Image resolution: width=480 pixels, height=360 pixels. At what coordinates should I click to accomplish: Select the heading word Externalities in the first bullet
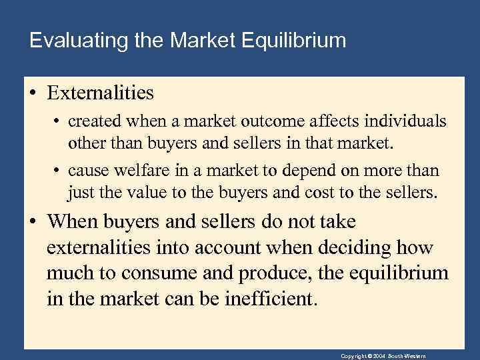click(100, 93)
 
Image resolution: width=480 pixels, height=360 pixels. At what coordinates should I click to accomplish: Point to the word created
click(93, 122)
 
